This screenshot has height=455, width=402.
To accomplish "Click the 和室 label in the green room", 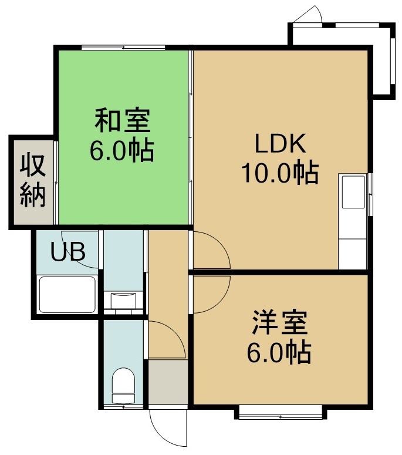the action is coord(123,120).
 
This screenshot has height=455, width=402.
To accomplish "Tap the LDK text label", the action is coord(281,143).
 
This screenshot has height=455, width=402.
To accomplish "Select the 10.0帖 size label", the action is coord(280,173).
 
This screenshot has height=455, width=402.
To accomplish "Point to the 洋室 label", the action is coord(279,323).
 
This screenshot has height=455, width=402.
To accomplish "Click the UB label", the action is coord(68,251).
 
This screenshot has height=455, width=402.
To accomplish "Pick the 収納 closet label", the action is coord(33,181).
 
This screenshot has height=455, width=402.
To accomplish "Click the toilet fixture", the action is coord(124,386).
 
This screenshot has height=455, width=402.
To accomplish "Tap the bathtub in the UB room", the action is coord(67,295).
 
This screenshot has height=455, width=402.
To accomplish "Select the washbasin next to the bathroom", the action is coord(124,301).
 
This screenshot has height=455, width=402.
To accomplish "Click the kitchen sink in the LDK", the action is coord(353,192).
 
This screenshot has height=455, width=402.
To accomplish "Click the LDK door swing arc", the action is coord(221,244).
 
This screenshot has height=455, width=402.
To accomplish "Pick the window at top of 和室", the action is coord(123,48).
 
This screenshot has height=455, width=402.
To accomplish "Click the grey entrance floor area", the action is coord(168,382).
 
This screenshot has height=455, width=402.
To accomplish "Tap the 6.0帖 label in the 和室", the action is coord(122,151).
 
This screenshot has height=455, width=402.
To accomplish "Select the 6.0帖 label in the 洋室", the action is coord(279,353).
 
